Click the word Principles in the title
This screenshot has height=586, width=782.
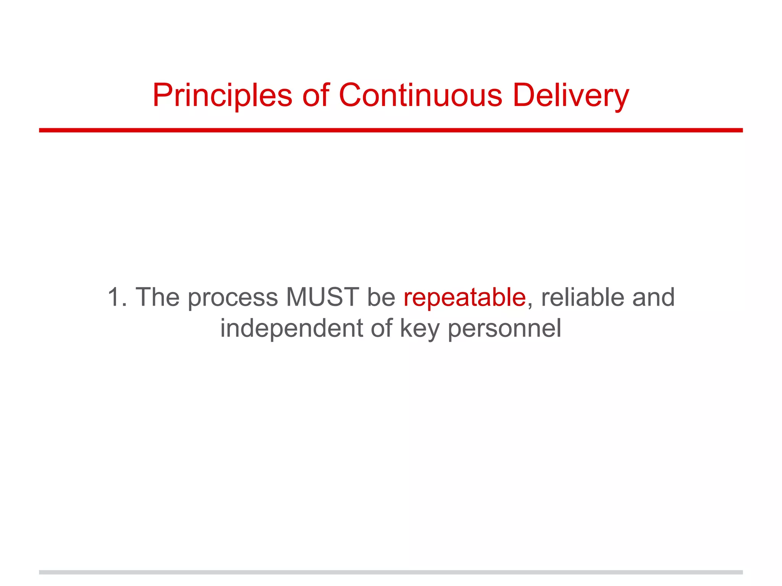222,95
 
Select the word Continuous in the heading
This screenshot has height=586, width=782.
420,95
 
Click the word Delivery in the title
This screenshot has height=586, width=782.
570,95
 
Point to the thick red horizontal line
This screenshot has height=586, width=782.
391,130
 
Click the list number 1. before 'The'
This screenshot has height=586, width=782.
117,297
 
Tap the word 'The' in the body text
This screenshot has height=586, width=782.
157,297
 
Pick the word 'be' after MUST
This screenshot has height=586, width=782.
381,297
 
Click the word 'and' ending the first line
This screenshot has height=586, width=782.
653,297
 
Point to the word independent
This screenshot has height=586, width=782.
291,328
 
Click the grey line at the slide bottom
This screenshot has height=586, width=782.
391,572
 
